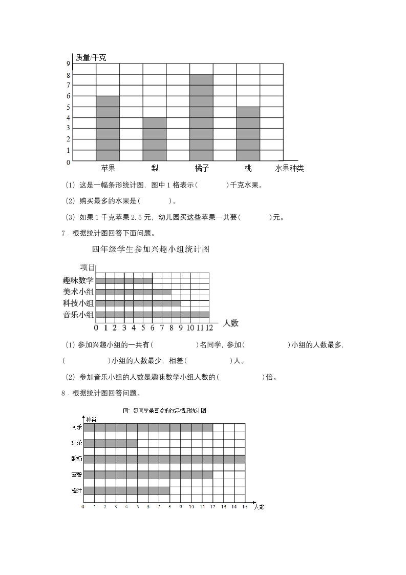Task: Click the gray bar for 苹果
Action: tap(108, 128)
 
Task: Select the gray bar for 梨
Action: tap(154, 139)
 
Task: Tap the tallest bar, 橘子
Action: tap(201, 117)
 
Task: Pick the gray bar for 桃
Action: tap(248, 133)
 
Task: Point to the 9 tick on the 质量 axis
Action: tap(68, 64)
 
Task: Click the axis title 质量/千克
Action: tap(91, 57)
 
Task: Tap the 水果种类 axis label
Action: tap(289, 168)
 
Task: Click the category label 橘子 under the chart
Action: tap(202, 168)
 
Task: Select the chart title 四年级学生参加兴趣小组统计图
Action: tap(151, 250)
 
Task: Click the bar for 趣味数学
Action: tap(124, 280)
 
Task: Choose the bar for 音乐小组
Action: tap(152, 315)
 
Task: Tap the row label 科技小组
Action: tap(78, 303)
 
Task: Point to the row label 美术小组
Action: tap(78, 292)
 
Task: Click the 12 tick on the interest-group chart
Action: tap(209, 327)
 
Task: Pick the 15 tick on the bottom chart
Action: tap(245, 507)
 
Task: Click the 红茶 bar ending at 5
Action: tap(110, 443)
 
